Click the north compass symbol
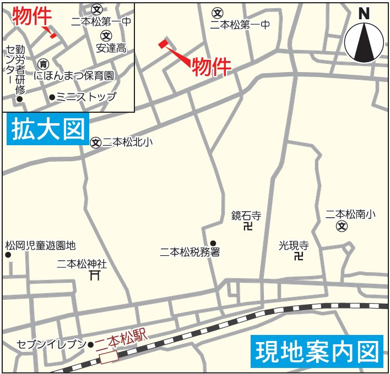[364, 40]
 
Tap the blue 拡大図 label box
[47, 129]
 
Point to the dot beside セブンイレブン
[91, 345]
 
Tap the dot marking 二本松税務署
[213, 243]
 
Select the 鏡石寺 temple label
[246, 216]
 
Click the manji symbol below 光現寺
[299, 255]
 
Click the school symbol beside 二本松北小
[96, 142]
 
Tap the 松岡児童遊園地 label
[40, 245]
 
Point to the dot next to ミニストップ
[52, 97]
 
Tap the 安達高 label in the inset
[111, 48]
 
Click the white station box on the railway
[109, 358]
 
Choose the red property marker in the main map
[162, 43]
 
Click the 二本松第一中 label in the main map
[240, 24]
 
